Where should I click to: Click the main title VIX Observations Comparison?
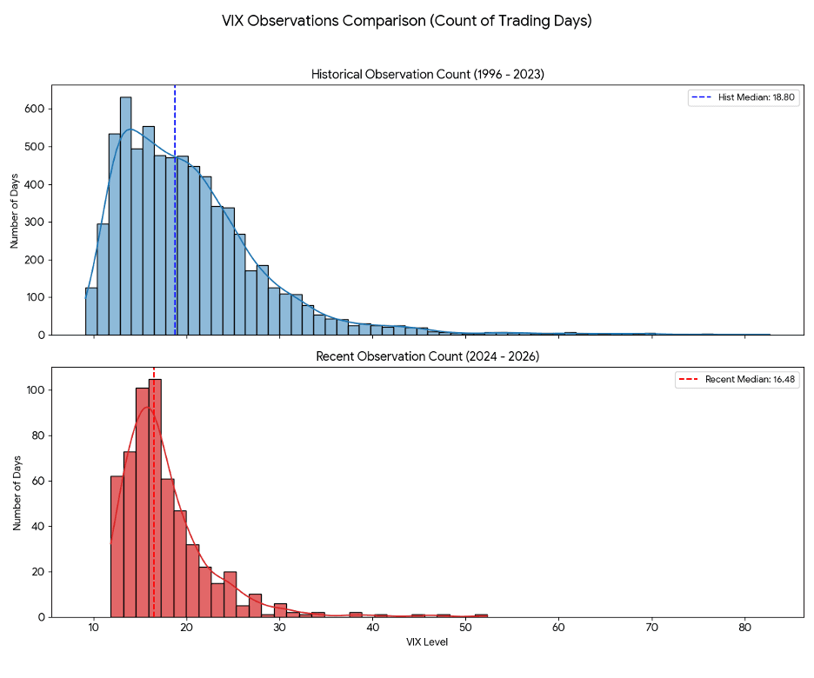pyautogui.click(x=407, y=21)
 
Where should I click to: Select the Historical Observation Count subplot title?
pyautogui.click(x=428, y=75)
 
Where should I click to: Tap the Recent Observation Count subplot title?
pyautogui.click(x=428, y=356)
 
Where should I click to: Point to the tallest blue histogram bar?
pyautogui.click(x=125, y=217)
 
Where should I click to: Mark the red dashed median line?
pyautogui.click(x=154, y=556)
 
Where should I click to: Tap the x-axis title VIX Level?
pyautogui.click(x=427, y=642)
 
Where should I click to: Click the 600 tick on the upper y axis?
pyautogui.click(x=36, y=109)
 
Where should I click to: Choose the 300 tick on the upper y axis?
pyautogui.click(x=36, y=222)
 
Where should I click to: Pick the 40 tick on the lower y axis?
pyautogui.click(x=38, y=526)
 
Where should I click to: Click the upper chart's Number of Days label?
pyautogui.click(x=15, y=209)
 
